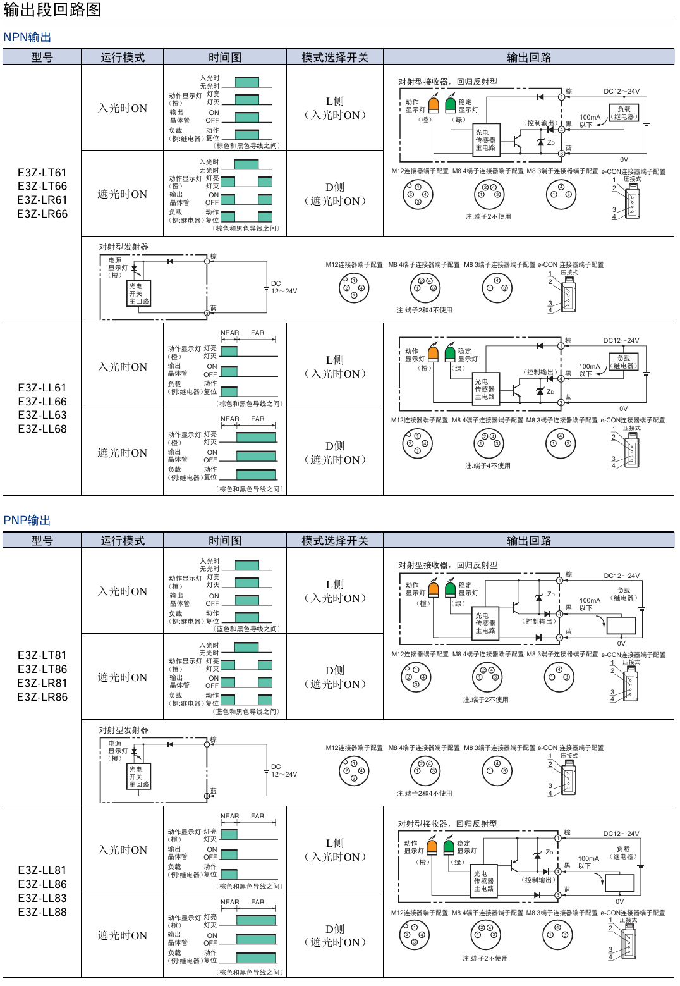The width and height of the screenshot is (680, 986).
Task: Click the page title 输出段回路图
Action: pos(52,10)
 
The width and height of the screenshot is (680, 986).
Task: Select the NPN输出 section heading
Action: pos(27,37)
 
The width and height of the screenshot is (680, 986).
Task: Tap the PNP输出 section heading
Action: pos(27,521)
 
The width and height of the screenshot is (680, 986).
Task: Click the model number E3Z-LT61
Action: pos(42,173)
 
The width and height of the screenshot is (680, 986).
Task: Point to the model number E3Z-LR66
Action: pos(42,214)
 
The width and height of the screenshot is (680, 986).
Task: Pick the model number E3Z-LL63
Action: pos(42,415)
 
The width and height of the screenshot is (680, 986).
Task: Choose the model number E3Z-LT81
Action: pos(42,655)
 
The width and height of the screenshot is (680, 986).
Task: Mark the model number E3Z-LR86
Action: pos(42,697)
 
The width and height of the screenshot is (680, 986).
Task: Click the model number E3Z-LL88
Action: pos(42,912)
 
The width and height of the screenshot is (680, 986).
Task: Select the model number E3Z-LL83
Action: pos(42,898)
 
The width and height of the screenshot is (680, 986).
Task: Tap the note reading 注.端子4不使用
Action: pos(487,466)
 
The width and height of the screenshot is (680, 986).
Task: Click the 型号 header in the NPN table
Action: pos(42,58)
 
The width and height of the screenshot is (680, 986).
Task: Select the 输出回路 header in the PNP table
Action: pos(529,541)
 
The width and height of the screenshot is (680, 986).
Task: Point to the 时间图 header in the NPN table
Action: pos(225,58)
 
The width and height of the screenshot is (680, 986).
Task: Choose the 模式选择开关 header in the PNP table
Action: pos(335,541)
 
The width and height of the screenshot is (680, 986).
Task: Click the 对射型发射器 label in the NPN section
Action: pos(124,247)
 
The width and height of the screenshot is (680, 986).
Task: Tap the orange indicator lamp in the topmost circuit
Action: pos(434,104)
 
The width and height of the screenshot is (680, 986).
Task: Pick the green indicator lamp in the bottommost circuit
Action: pos(449,846)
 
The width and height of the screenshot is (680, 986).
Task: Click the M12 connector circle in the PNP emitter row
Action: pos(354,771)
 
